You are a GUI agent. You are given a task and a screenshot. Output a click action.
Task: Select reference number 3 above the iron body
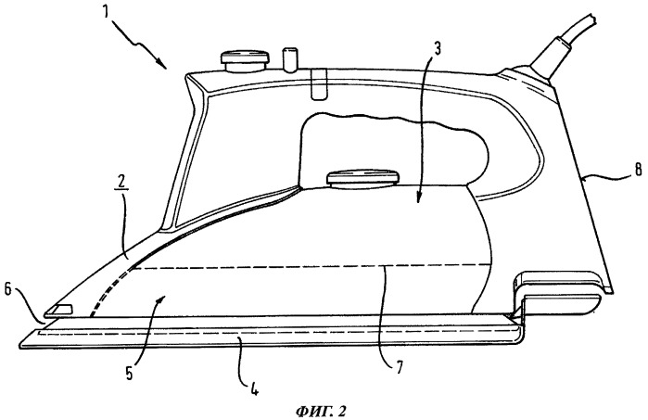click(436, 48)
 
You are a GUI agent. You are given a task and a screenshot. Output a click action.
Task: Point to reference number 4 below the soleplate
click(254, 388)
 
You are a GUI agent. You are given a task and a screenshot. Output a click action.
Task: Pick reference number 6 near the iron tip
click(7, 290)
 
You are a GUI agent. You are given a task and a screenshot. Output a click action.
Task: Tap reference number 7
click(399, 366)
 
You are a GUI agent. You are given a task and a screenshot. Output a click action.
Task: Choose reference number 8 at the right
click(638, 169)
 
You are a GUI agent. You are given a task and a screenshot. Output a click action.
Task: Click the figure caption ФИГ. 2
click(321, 411)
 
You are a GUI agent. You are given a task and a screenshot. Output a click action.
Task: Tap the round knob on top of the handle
click(245, 61)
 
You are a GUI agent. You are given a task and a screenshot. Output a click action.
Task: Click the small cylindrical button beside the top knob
click(289, 59)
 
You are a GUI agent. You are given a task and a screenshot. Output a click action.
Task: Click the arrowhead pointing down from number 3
click(418, 199)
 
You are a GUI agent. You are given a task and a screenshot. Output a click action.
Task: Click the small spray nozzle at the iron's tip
click(60, 310)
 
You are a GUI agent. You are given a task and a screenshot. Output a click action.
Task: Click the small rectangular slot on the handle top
click(317, 84)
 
